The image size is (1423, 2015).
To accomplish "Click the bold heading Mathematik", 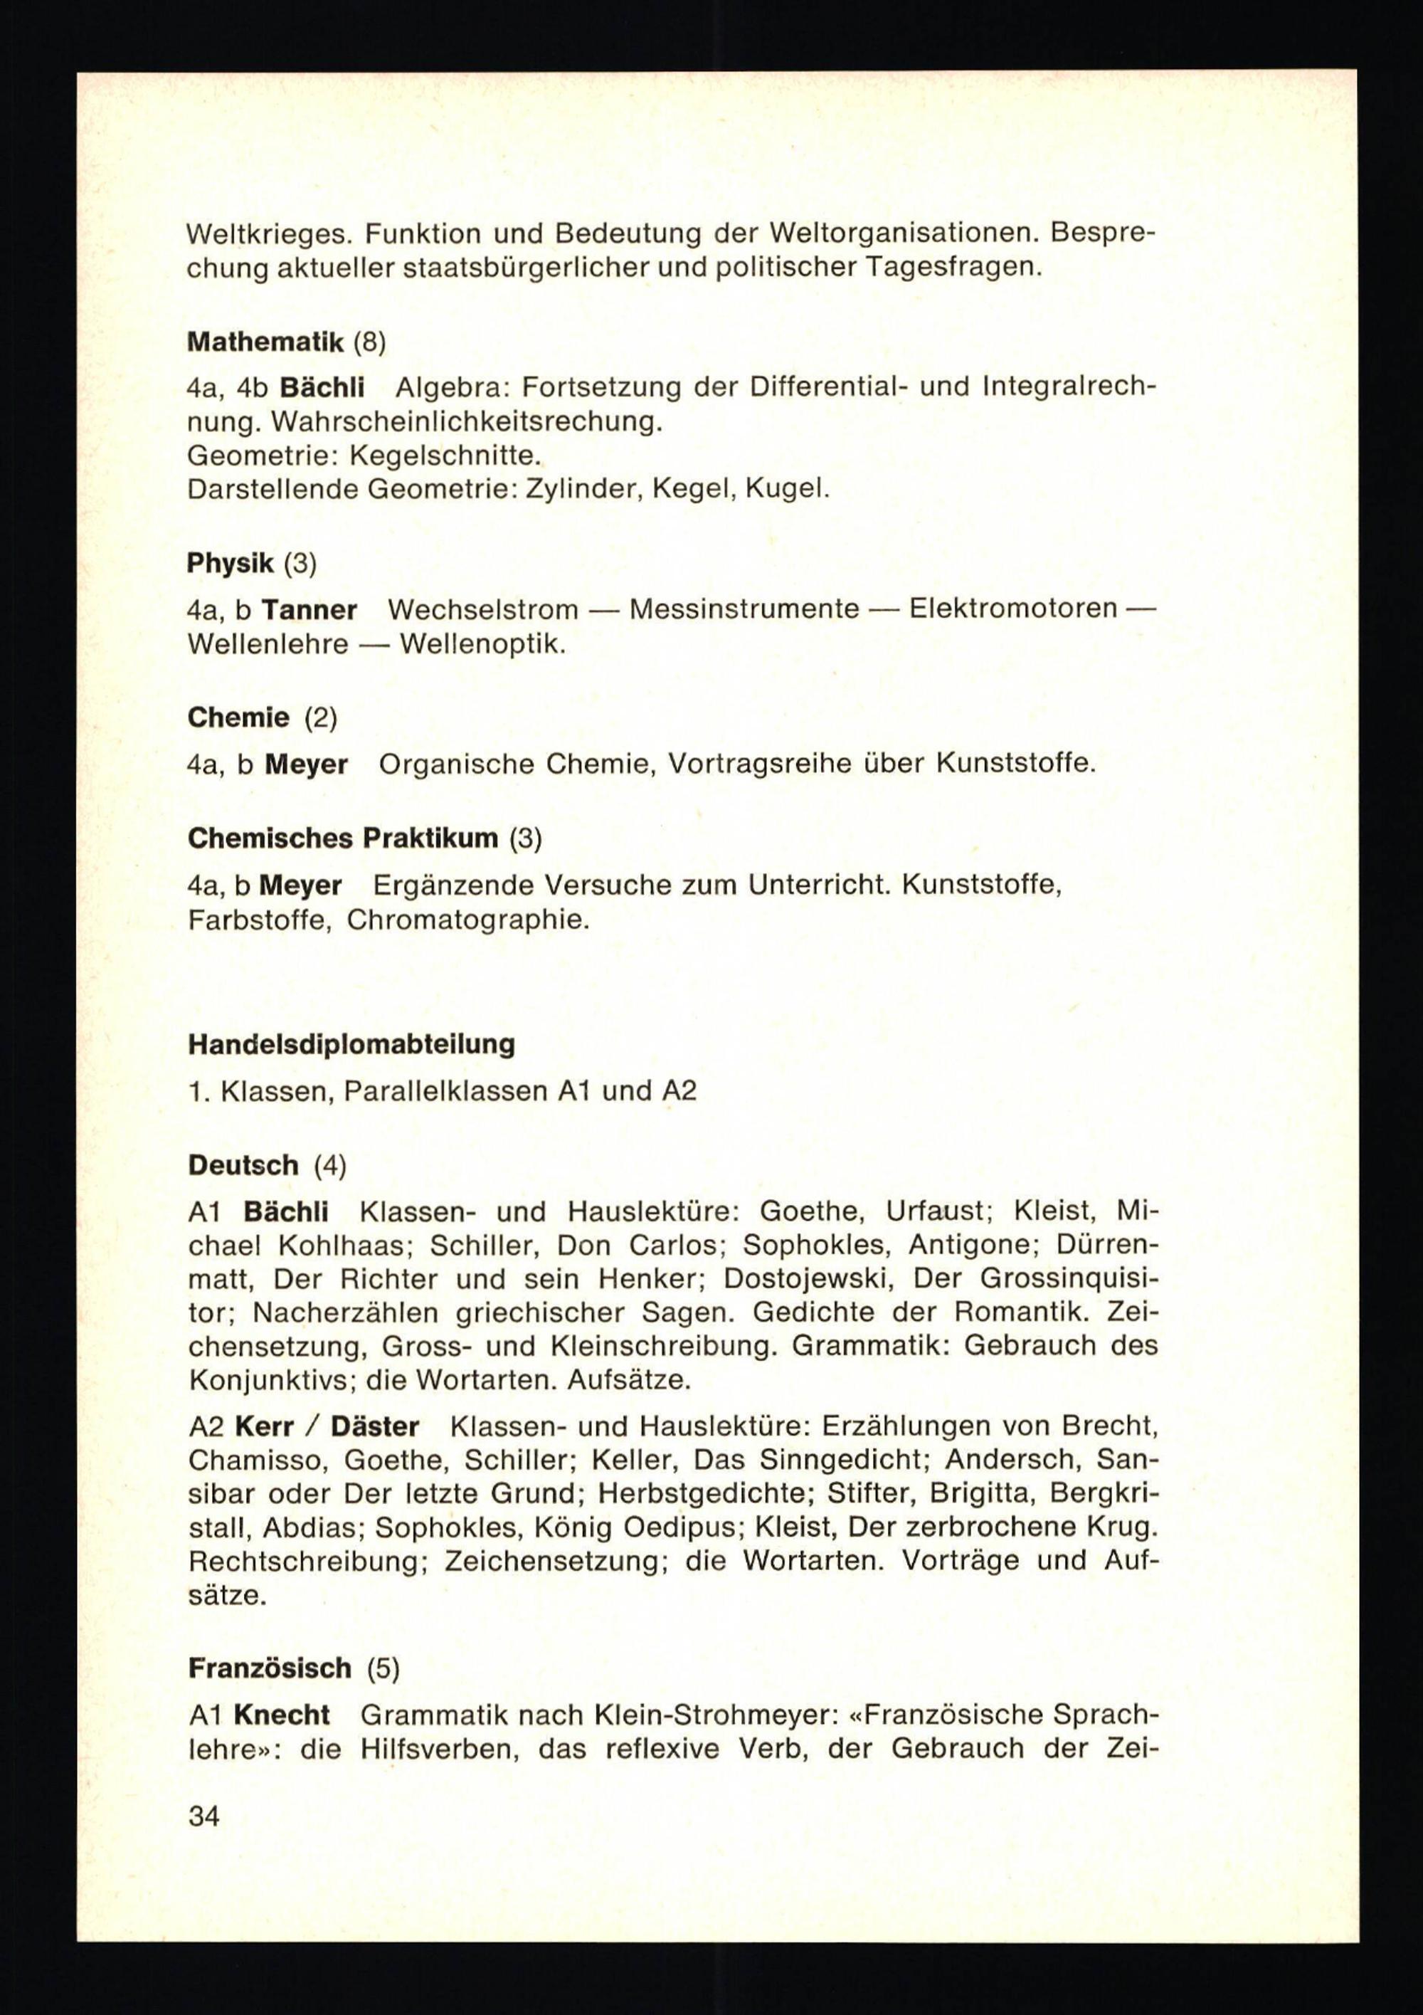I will (x=265, y=342).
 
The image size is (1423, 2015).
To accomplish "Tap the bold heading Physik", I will (x=230, y=564).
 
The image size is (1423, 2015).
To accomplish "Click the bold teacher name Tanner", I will (x=310, y=609).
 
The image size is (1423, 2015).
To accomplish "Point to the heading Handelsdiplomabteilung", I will (x=351, y=1044).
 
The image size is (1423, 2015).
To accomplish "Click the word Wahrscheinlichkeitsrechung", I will (x=466, y=421).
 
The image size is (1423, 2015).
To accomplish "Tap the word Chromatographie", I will (x=467, y=920).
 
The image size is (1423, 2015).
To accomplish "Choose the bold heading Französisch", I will (x=270, y=1668).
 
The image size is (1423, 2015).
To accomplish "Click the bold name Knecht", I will (x=282, y=1714).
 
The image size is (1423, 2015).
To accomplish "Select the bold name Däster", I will (x=375, y=1426).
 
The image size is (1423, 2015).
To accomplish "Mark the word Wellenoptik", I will (x=482, y=644).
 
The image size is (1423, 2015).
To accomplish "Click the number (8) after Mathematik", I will (x=369, y=342).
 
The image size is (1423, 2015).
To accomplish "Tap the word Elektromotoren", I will (x=1013, y=609).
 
